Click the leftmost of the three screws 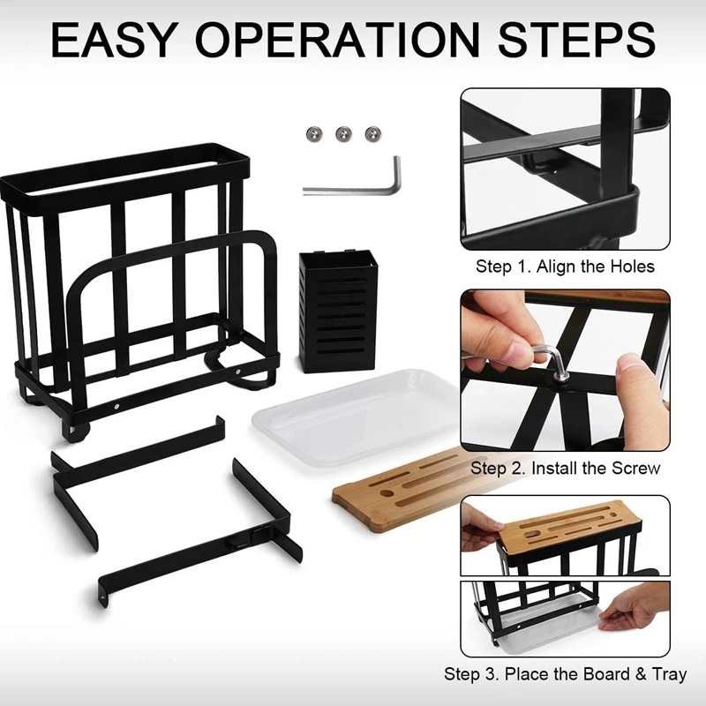(x=313, y=134)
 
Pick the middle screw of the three (x=342, y=134)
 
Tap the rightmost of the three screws (x=372, y=134)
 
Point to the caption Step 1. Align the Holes (x=566, y=267)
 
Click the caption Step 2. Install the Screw (x=565, y=468)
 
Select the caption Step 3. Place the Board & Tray (x=565, y=675)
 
